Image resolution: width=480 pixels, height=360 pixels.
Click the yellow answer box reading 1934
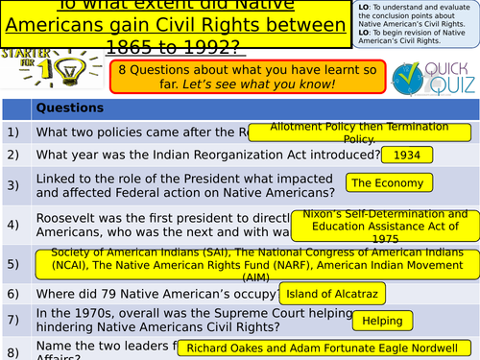407,155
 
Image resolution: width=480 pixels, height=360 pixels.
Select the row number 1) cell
13,132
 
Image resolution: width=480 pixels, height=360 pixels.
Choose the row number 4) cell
13,224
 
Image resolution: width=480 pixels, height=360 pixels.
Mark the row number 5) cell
13,262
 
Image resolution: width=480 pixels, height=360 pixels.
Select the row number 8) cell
13,348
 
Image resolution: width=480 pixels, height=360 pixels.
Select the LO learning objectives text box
416,23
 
